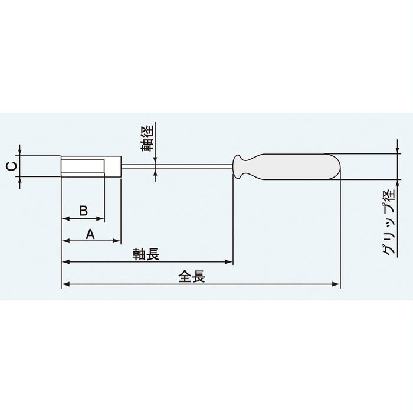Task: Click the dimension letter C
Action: [x=10, y=166]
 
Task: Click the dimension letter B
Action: [x=84, y=210]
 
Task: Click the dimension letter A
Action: [x=90, y=234]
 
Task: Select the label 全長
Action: [x=191, y=277]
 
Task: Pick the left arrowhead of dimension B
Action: [x=65, y=219]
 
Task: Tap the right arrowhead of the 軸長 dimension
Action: [x=230, y=261]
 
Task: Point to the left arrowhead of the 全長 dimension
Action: [x=65, y=284]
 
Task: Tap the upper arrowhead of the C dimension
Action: [x=21, y=154]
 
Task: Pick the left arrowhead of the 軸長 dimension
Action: [x=65, y=261]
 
